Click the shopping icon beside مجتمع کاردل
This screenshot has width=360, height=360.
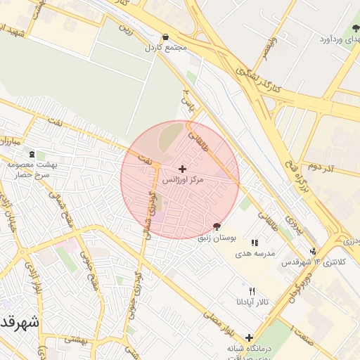tap(165, 37)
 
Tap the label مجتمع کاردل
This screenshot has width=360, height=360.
tap(165, 48)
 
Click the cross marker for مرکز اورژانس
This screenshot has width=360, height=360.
tap(183, 169)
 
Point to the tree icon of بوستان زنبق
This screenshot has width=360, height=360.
tap(217, 227)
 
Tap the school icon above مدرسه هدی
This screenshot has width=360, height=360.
tap(254, 243)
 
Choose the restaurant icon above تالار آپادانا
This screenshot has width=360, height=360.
tap(252, 291)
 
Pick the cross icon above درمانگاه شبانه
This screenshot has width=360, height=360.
tap(249, 337)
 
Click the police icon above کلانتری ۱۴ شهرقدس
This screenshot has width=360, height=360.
tap(312, 251)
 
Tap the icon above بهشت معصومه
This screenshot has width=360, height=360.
tap(31, 154)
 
